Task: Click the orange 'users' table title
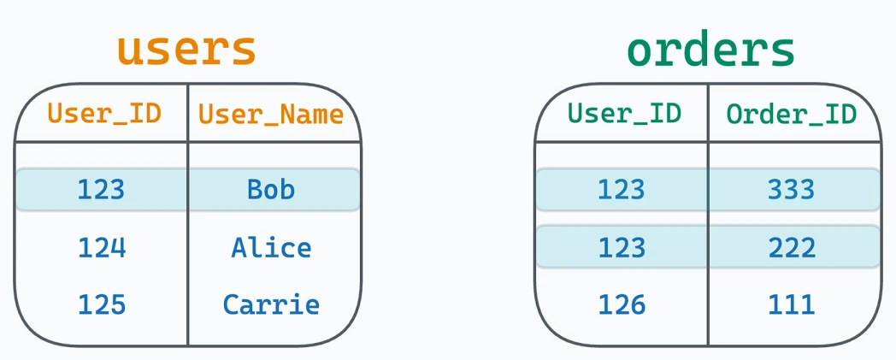(187, 50)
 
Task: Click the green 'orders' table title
(710, 50)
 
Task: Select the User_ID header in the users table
(104, 114)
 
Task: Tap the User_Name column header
(271, 115)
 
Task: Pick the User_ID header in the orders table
(625, 114)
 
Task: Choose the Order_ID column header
(792, 115)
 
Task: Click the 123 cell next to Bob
(101, 189)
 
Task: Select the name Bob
(271, 189)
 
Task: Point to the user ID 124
(102, 247)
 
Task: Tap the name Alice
(271, 247)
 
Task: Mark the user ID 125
(101, 304)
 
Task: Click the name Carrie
(271, 304)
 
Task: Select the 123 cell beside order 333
(622, 189)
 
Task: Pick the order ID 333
(791, 189)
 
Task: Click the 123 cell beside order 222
(622, 247)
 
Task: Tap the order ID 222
(792, 247)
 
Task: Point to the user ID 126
(622, 304)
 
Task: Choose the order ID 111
(792, 304)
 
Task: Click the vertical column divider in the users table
(188, 215)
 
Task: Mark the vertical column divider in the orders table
(708, 215)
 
